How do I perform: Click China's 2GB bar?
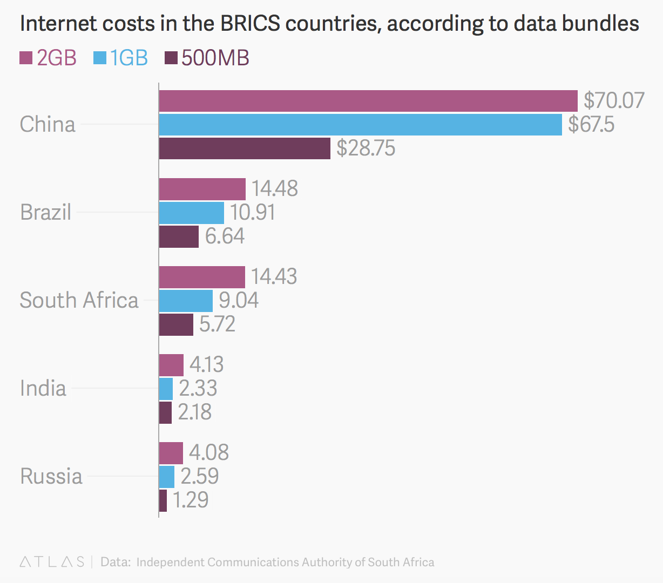(368, 101)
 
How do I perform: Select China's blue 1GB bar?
(360, 125)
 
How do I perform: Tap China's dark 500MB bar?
(245, 148)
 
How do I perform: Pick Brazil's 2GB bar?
(202, 189)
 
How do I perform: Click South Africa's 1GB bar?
(186, 301)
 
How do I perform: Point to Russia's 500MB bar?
(163, 500)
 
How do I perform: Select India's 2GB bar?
(171, 365)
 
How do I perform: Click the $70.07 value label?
(614, 101)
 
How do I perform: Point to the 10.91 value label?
(253, 213)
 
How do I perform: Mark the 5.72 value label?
(217, 324)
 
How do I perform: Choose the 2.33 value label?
(198, 389)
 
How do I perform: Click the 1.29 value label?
(191, 500)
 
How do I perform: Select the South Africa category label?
(79, 301)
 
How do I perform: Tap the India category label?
(43, 389)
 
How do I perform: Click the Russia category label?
(51, 477)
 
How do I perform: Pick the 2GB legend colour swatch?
(26, 58)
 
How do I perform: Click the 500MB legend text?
(215, 58)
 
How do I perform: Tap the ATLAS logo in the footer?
(52, 562)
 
